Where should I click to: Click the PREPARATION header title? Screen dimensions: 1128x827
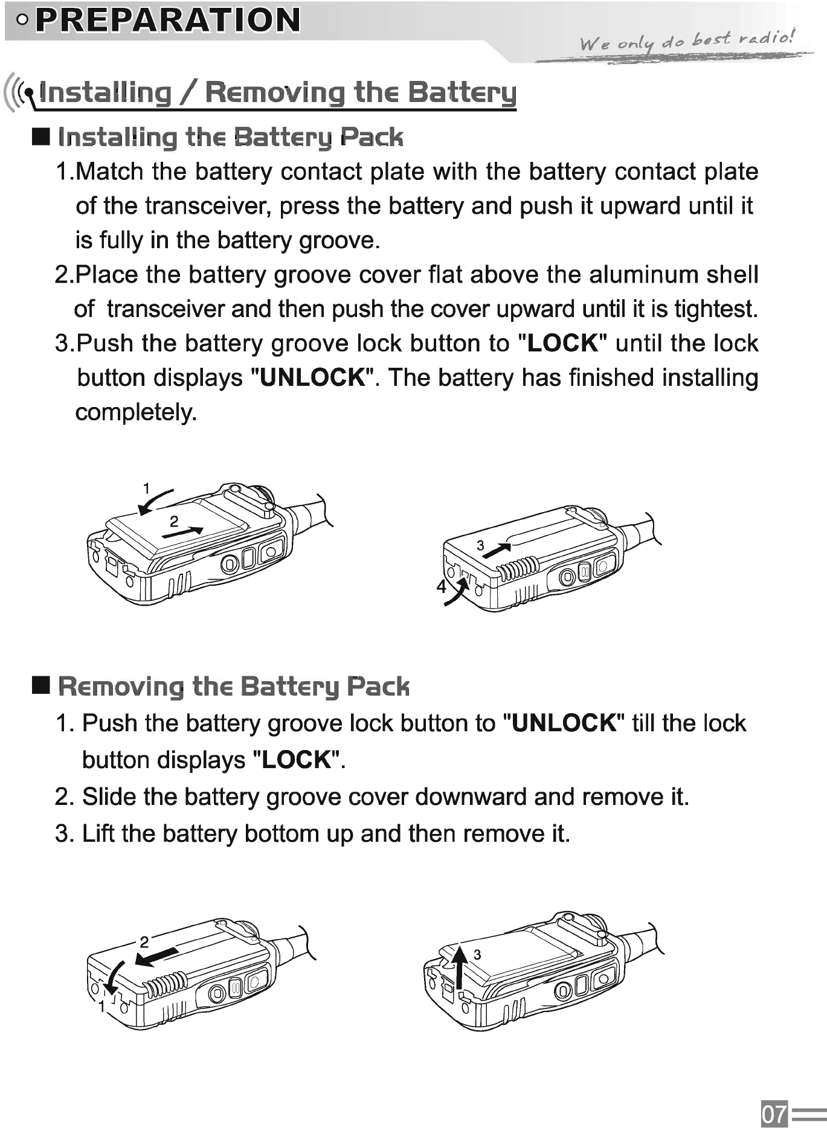[x=167, y=20]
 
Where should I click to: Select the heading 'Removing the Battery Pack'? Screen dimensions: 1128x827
[x=233, y=687]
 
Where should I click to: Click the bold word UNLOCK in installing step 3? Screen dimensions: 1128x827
[x=312, y=378]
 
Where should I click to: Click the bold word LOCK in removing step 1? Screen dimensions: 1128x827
[x=297, y=760]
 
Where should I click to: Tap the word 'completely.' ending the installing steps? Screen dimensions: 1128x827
[x=136, y=412]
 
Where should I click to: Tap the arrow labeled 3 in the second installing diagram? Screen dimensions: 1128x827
[x=497, y=551]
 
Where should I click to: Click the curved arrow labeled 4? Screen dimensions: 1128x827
[x=457, y=591]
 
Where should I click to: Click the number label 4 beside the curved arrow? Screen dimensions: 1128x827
[x=442, y=586]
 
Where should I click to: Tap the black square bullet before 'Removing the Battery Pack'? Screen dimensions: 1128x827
[x=41, y=685]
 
